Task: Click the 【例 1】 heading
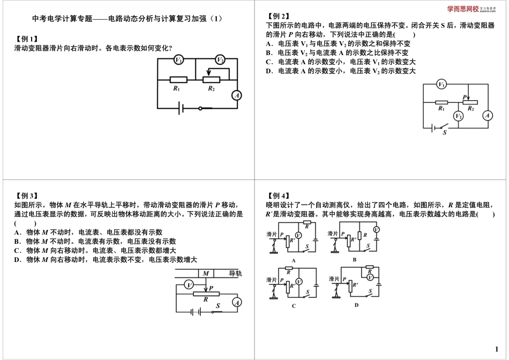pyautogui.click(x=27, y=39)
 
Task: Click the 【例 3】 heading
pyautogui.click(x=27, y=196)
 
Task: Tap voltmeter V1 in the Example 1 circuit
pyautogui.click(x=179, y=59)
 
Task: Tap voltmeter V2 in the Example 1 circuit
pyautogui.click(x=220, y=59)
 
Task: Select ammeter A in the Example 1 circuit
pyautogui.click(x=236, y=95)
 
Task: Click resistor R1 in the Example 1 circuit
pyautogui.click(x=178, y=80)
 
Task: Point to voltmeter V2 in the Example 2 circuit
pyautogui.click(x=458, y=116)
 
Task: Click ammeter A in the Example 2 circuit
pyautogui.click(x=487, y=115)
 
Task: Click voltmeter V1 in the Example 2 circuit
pyautogui.click(x=441, y=84)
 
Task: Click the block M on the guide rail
pyautogui.click(x=206, y=273)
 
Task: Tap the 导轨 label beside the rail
pyautogui.click(x=235, y=273)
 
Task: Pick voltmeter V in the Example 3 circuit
pyautogui.click(x=189, y=286)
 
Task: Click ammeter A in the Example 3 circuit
pyautogui.click(x=236, y=303)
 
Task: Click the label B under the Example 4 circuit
pyautogui.click(x=354, y=259)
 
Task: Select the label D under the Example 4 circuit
pyautogui.click(x=356, y=305)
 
